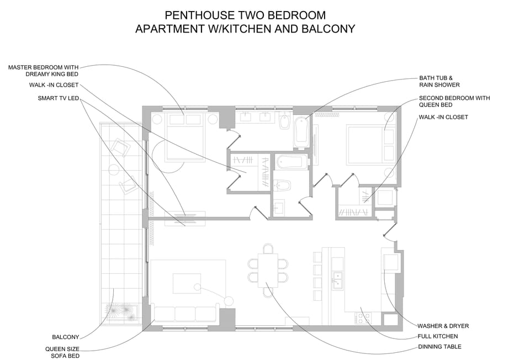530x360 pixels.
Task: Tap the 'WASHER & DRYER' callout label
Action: point(443,326)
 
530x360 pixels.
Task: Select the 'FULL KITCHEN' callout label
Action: point(438,336)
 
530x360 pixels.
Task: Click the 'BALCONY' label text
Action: point(66,337)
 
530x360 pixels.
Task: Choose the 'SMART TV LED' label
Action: point(59,98)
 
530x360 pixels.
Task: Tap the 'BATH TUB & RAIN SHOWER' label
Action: point(439,82)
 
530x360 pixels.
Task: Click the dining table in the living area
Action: point(268,271)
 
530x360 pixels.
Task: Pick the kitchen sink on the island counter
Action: point(337,280)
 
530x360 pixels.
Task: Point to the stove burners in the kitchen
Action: point(363,318)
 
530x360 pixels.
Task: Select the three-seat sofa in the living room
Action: point(185,313)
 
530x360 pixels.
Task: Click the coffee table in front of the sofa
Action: point(187,283)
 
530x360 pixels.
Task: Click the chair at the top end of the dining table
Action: point(268,249)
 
